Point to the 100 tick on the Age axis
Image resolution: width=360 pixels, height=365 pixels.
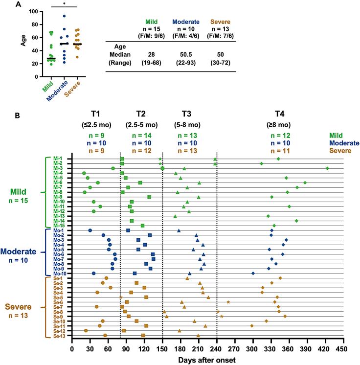click(x=31, y=11)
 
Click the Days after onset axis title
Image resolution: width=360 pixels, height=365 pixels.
click(x=207, y=360)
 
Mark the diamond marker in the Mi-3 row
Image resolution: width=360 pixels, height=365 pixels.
click(x=327, y=168)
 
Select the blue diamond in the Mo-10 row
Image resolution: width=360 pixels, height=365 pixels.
click(x=253, y=274)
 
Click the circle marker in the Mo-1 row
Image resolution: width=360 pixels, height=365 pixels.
click(x=90, y=230)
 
